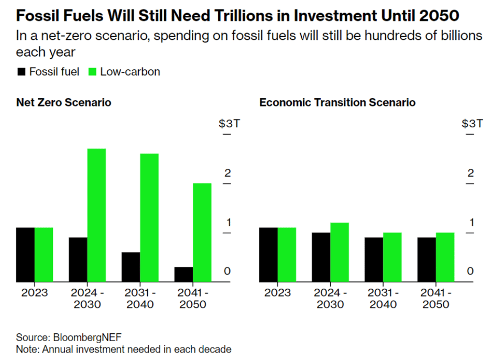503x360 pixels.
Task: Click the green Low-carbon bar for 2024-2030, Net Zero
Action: click(x=96, y=215)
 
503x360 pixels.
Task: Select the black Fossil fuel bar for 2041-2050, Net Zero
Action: click(x=183, y=275)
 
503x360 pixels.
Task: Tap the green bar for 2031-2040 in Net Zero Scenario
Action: click(x=149, y=218)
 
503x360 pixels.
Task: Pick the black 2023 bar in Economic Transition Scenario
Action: click(x=269, y=255)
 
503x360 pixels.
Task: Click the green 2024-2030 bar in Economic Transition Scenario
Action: click(x=340, y=253)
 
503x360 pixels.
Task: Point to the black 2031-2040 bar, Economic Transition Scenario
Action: click(x=374, y=260)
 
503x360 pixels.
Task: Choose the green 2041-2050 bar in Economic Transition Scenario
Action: click(x=445, y=257)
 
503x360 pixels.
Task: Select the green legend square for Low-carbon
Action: click(x=91, y=72)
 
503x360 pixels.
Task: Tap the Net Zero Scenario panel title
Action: click(x=63, y=103)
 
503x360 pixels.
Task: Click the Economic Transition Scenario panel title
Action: click(x=337, y=103)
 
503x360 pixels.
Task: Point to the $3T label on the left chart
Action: click(x=229, y=124)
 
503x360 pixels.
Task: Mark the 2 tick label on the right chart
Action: click(x=471, y=173)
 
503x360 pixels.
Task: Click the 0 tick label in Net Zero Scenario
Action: click(x=227, y=271)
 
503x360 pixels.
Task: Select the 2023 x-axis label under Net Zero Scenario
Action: click(x=35, y=293)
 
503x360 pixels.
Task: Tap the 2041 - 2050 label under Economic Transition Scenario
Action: click(x=435, y=299)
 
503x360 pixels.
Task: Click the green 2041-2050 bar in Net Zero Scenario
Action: click(x=202, y=233)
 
